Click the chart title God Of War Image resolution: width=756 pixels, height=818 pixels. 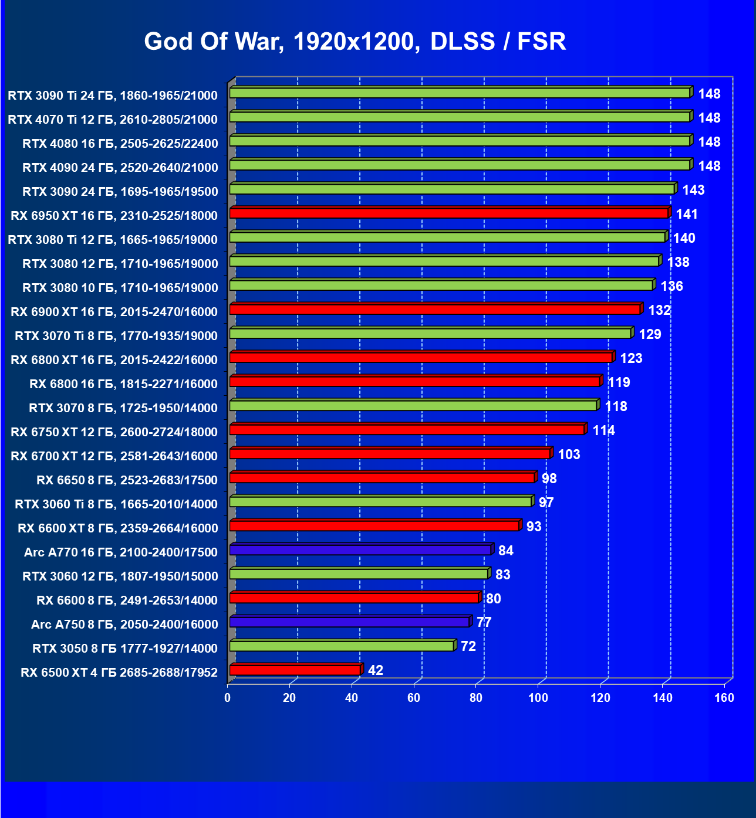(x=355, y=42)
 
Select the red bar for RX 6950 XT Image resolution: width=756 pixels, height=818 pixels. (x=449, y=213)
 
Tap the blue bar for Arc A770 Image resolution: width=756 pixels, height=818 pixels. (x=360, y=549)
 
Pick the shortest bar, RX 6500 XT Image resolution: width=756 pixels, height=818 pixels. (x=295, y=670)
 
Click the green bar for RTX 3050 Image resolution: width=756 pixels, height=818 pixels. (x=342, y=646)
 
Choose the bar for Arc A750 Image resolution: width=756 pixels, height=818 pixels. (x=350, y=622)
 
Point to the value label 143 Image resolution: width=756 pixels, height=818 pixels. (x=693, y=190)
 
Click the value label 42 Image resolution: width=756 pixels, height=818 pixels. (x=376, y=670)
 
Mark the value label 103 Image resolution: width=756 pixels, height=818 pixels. (x=569, y=454)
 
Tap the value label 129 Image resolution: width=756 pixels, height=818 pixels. (x=650, y=334)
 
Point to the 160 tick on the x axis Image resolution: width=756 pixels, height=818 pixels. (x=724, y=698)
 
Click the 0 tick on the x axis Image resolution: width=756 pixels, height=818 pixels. (x=228, y=698)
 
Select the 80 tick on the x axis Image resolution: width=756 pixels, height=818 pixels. (x=476, y=698)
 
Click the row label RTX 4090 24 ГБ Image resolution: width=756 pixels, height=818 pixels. (x=120, y=168)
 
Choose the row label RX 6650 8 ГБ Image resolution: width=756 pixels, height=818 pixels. (x=127, y=480)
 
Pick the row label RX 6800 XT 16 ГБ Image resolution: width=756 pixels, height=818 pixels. (x=114, y=360)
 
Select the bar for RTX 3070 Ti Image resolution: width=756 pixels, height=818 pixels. (x=430, y=333)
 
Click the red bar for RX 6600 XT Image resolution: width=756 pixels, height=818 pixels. (x=374, y=525)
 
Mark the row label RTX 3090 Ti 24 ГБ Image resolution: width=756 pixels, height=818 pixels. (x=113, y=96)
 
